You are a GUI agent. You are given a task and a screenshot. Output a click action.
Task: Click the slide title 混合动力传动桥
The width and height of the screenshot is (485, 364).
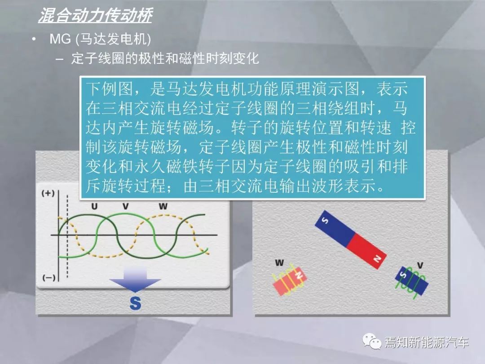[x=95, y=15]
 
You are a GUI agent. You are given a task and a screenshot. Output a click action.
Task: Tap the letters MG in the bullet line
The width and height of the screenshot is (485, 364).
[x=60, y=39]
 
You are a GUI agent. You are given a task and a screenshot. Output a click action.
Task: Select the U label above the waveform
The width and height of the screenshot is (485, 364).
[x=94, y=206]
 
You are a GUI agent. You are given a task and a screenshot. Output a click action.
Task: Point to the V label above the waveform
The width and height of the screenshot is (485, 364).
[x=125, y=206]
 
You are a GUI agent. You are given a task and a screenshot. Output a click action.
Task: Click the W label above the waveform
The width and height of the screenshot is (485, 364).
[x=163, y=206]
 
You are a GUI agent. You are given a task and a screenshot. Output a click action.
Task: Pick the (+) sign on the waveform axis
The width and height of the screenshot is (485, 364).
[x=48, y=193]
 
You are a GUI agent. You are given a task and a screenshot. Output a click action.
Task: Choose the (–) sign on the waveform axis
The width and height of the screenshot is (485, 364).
[x=49, y=278]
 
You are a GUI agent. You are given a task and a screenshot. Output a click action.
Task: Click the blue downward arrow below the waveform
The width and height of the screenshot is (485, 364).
[x=135, y=280]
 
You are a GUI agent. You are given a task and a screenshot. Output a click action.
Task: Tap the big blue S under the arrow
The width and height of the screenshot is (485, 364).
[x=136, y=303]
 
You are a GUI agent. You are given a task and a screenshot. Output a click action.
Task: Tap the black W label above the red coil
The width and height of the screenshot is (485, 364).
[x=279, y=263]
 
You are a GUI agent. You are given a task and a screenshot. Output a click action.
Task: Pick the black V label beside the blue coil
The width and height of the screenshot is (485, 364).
[x=420, y=265]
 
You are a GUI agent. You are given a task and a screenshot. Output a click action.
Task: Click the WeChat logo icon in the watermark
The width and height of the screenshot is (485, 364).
[x=372, y=342]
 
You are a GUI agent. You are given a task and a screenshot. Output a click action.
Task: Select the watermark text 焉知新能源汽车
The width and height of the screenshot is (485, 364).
[x=427, y=342]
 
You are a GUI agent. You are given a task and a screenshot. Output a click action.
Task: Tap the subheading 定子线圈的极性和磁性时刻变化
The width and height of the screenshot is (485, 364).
[x=165, y=58]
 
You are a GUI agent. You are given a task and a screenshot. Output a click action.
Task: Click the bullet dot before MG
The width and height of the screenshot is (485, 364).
[x=34, y=39]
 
